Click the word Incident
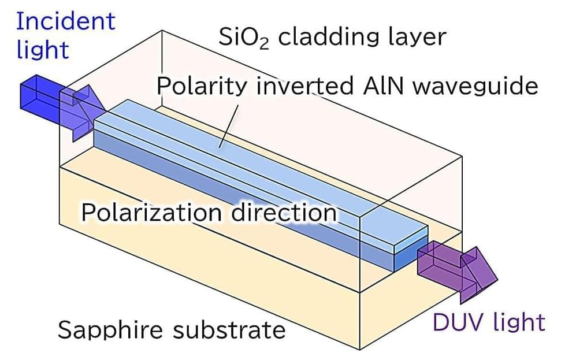coord(65,21)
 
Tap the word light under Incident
coord(43,50)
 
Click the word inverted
coord(304,87)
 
